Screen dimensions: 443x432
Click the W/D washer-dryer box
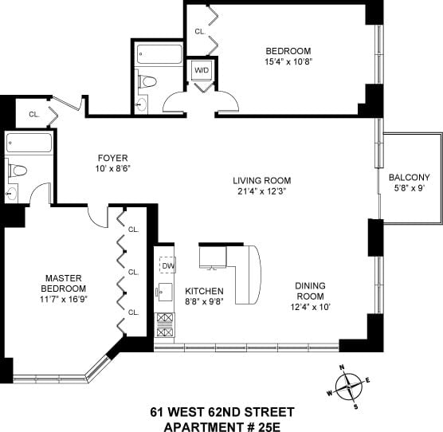(x=202, y=70)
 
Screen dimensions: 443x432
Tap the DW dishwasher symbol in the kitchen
(x=167, y=265)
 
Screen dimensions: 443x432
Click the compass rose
(x=349, y=387)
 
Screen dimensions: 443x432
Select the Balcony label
(x=409, y=178)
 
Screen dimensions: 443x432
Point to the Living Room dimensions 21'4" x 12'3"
(x=262, y=191)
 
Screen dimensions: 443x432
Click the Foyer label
(x=112, y=158)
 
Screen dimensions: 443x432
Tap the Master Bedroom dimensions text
(x=63, y=299)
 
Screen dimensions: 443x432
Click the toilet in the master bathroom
(x=18, y=171)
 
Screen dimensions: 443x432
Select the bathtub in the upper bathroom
(x=159, y=54)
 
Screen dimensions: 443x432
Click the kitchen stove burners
(x=164, y=325)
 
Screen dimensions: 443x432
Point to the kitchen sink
(x=165, y=293)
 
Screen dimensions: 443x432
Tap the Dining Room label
(x=310, y=291)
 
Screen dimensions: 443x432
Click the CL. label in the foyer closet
(x=34, y=115)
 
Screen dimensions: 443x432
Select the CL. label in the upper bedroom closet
(x=200, y=32)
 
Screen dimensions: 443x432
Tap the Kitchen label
(x=204, y=291)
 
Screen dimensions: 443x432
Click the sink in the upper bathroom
(x=141, y=104)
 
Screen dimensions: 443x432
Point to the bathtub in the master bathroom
(x=29, y=143)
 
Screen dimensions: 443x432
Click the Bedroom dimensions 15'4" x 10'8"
(x=288, y=61)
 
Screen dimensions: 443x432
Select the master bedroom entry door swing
(x=96, y=216)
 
